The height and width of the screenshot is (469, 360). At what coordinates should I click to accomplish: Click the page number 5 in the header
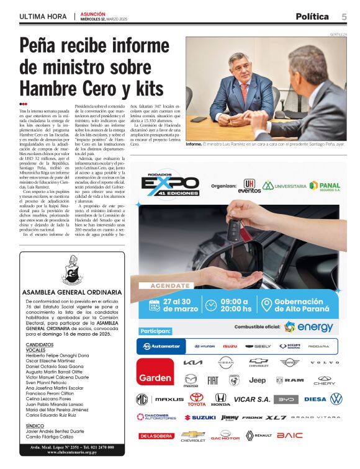pyautogui.click(x=344, y=16)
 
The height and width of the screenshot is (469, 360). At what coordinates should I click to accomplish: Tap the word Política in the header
pyautogui.click(x=315, y=16)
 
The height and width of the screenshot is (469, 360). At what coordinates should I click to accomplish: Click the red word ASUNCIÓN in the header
pyautogui.click(x=93, y=14)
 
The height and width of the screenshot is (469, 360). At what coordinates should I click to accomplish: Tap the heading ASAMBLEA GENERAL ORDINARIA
pyautogui.click(x=72, y=292)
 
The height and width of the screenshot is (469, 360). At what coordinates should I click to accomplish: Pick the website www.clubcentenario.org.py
pyautogui.click(x=72, y=452)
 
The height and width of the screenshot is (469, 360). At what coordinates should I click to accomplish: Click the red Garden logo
pyautogui.click(x=155, y=378)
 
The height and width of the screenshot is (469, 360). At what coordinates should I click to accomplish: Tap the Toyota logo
pyautogui.click(x=197, y=400)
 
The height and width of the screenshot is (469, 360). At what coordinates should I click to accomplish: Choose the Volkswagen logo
pyautogui.click(x=336, y=399)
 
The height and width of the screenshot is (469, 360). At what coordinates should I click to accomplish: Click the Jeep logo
pyautogui.click(x=257, y=380)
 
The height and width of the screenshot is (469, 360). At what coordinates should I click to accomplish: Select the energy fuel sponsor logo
pyautogui.click(x=308, y=327)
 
